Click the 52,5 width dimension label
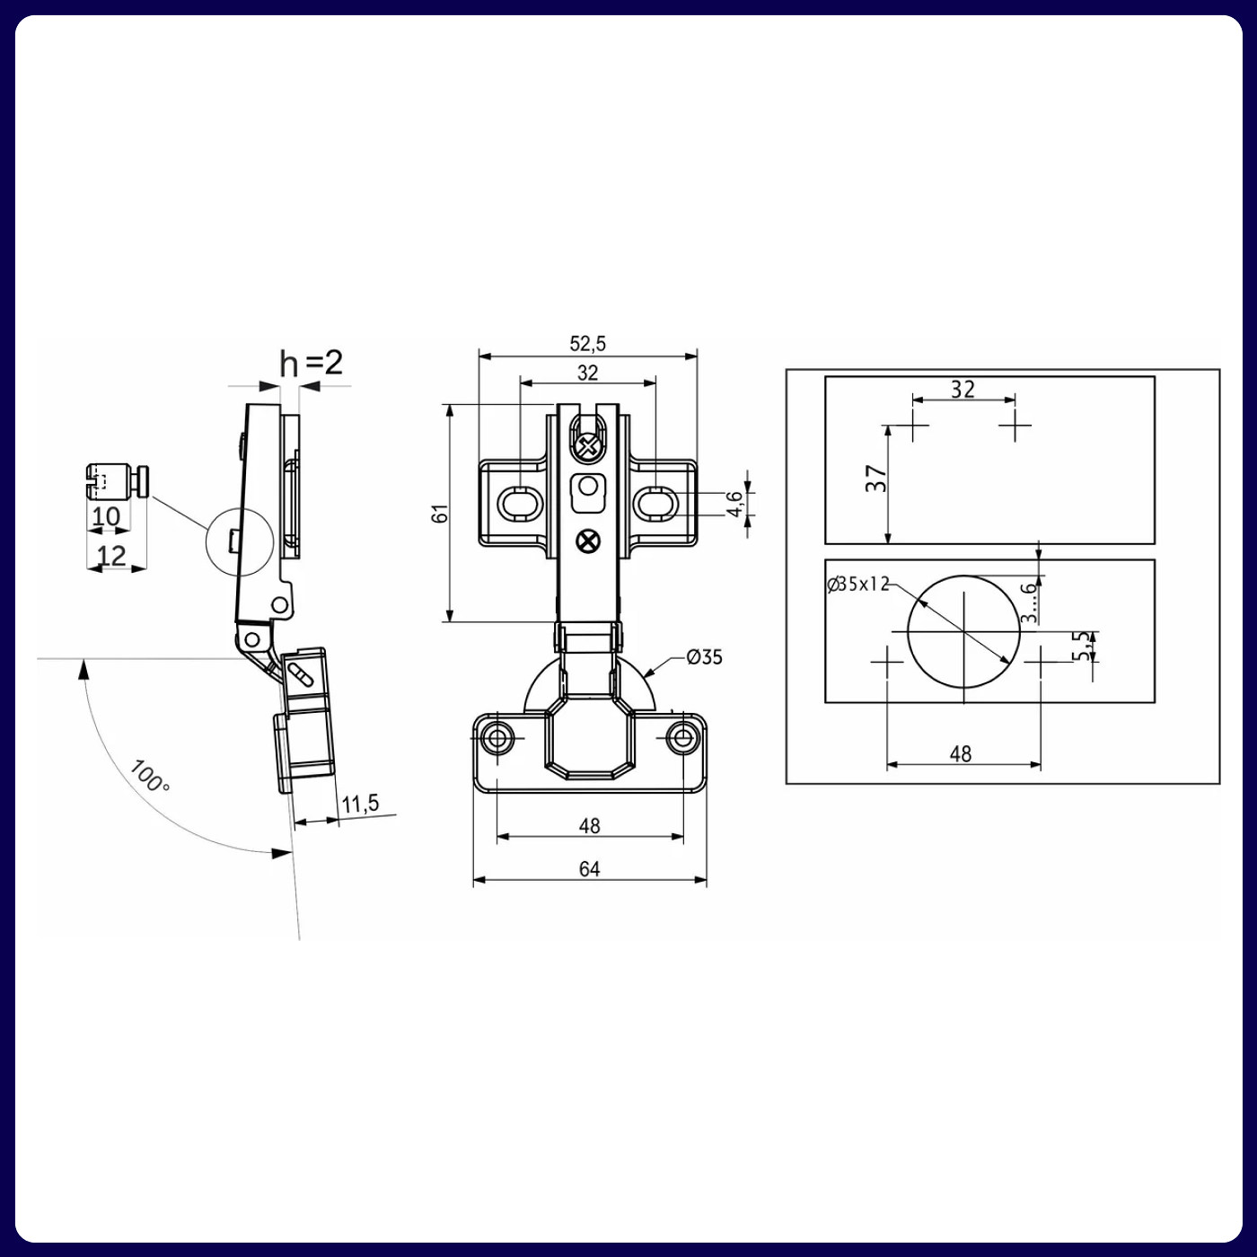(587, 343)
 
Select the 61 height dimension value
(440, 514)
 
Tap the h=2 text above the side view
(311, 363)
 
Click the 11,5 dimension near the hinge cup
(360, 804)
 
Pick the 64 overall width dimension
(589, 868)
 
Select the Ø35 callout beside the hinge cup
(704, 657)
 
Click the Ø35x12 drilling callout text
(857, 585)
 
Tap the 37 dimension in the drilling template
(876, 478)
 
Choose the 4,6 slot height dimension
(735, 503)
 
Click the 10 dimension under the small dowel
(106, 516)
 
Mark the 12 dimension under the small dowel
(111, 556)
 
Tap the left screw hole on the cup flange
(496, 739)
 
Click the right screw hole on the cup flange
(683, 739)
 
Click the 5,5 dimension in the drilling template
(1085, 645)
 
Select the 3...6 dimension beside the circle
(1030, 602)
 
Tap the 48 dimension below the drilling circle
(961, 754)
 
